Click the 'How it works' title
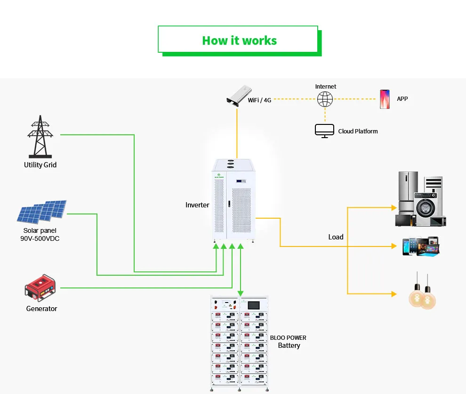pos(239,41)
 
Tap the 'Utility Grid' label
pos(40,165)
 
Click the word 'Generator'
pos(41,309)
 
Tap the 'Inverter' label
pos(197,205)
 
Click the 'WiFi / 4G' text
pos(259,100)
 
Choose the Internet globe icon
pos(325,99)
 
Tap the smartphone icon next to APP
pos(385,99)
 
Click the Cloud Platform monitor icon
pos(324,131)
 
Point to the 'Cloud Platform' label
pos(358,131)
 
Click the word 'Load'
pos(336,237)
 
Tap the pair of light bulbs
pos(422,292)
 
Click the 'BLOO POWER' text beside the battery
pos(288,338)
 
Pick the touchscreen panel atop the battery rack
pos(253,305)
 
